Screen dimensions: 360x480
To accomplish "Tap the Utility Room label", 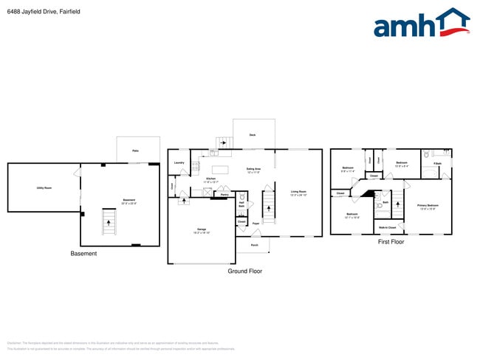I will pos(44,188).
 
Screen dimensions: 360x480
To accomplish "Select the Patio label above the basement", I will pos(135,151).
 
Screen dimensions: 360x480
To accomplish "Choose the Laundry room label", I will pos(179,162).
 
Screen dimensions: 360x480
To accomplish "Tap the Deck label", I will pos(252,135).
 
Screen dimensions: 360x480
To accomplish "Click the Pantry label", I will pos(224,195).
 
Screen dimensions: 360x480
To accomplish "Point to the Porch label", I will pos(254,244).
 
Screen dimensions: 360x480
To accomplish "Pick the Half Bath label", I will pos(241,204).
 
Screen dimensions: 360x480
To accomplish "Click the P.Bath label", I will pos(437,163).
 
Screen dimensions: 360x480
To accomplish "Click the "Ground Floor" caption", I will pos(245,271).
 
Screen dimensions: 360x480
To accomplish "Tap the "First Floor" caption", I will pos(391,241).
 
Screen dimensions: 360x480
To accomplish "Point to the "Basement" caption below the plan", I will pos(83,254).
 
